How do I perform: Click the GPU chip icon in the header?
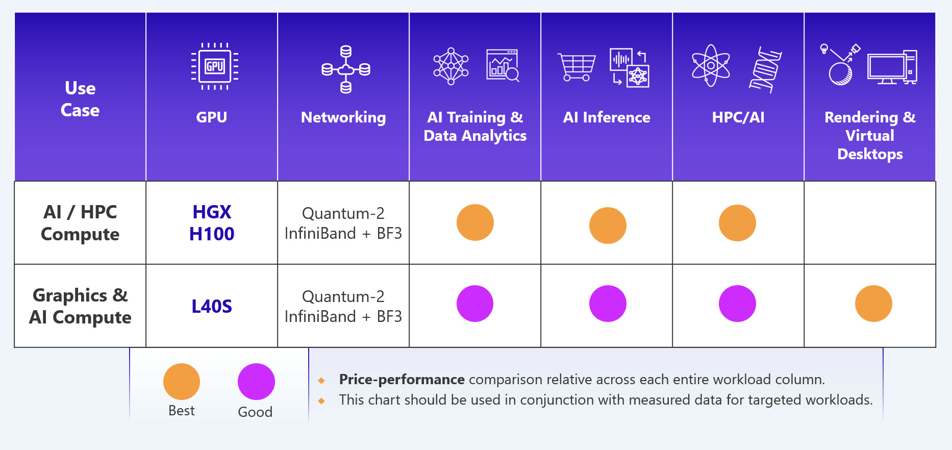click(x=215, y=66)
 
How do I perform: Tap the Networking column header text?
click(x=343, y=117)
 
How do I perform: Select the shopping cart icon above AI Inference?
click(x=577, y=67)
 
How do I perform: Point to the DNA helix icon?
click(x=765, y=69)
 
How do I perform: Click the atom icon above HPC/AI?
click(x=711, y=66)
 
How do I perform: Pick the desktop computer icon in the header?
click(x=892, y=67)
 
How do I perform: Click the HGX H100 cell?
click(x=212, y=223)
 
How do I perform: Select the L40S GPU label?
click(x=212, y=307)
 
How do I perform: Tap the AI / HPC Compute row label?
click(x=80, y=223)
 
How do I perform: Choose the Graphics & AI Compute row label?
click(x=80, y=306)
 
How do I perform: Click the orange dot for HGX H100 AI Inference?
click(x=608, y=226)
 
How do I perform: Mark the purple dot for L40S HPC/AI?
click(x=737, y=304)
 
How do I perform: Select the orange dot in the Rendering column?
click(x=873, y=304)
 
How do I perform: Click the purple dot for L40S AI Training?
click(x=475, y=304)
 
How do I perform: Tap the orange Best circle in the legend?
click(x=182, y=382)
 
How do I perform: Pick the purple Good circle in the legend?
click(x=256, y=382)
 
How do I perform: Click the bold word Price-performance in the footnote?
click(x=402, y=380)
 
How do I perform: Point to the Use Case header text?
click(x=80, y=99)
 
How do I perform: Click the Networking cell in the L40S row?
click(x=343, y=307)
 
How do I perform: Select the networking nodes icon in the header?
click(x=346, y=69)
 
